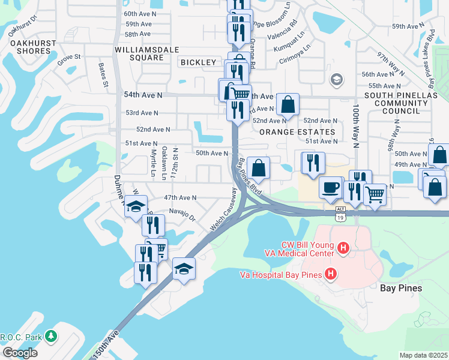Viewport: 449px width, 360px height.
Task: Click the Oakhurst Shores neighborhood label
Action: (29, 47)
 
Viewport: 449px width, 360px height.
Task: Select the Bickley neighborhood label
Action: (197, 62)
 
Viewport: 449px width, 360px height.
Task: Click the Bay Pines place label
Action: (402, 288)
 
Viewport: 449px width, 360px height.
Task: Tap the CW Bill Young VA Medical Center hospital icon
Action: (343, 247)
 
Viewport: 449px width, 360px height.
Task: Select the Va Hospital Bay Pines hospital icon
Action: (330, 275)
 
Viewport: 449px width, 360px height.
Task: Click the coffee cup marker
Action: (331, 188)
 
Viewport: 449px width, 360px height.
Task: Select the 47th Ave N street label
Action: (180, 197)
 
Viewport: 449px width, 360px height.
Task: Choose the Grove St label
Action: (69, 57)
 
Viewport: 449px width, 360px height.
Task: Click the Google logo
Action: (20, 353)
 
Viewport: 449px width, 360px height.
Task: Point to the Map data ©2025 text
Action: (423, 355)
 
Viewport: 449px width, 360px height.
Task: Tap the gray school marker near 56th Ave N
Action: (337, 79)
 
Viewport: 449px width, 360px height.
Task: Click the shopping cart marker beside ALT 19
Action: (375, 194)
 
